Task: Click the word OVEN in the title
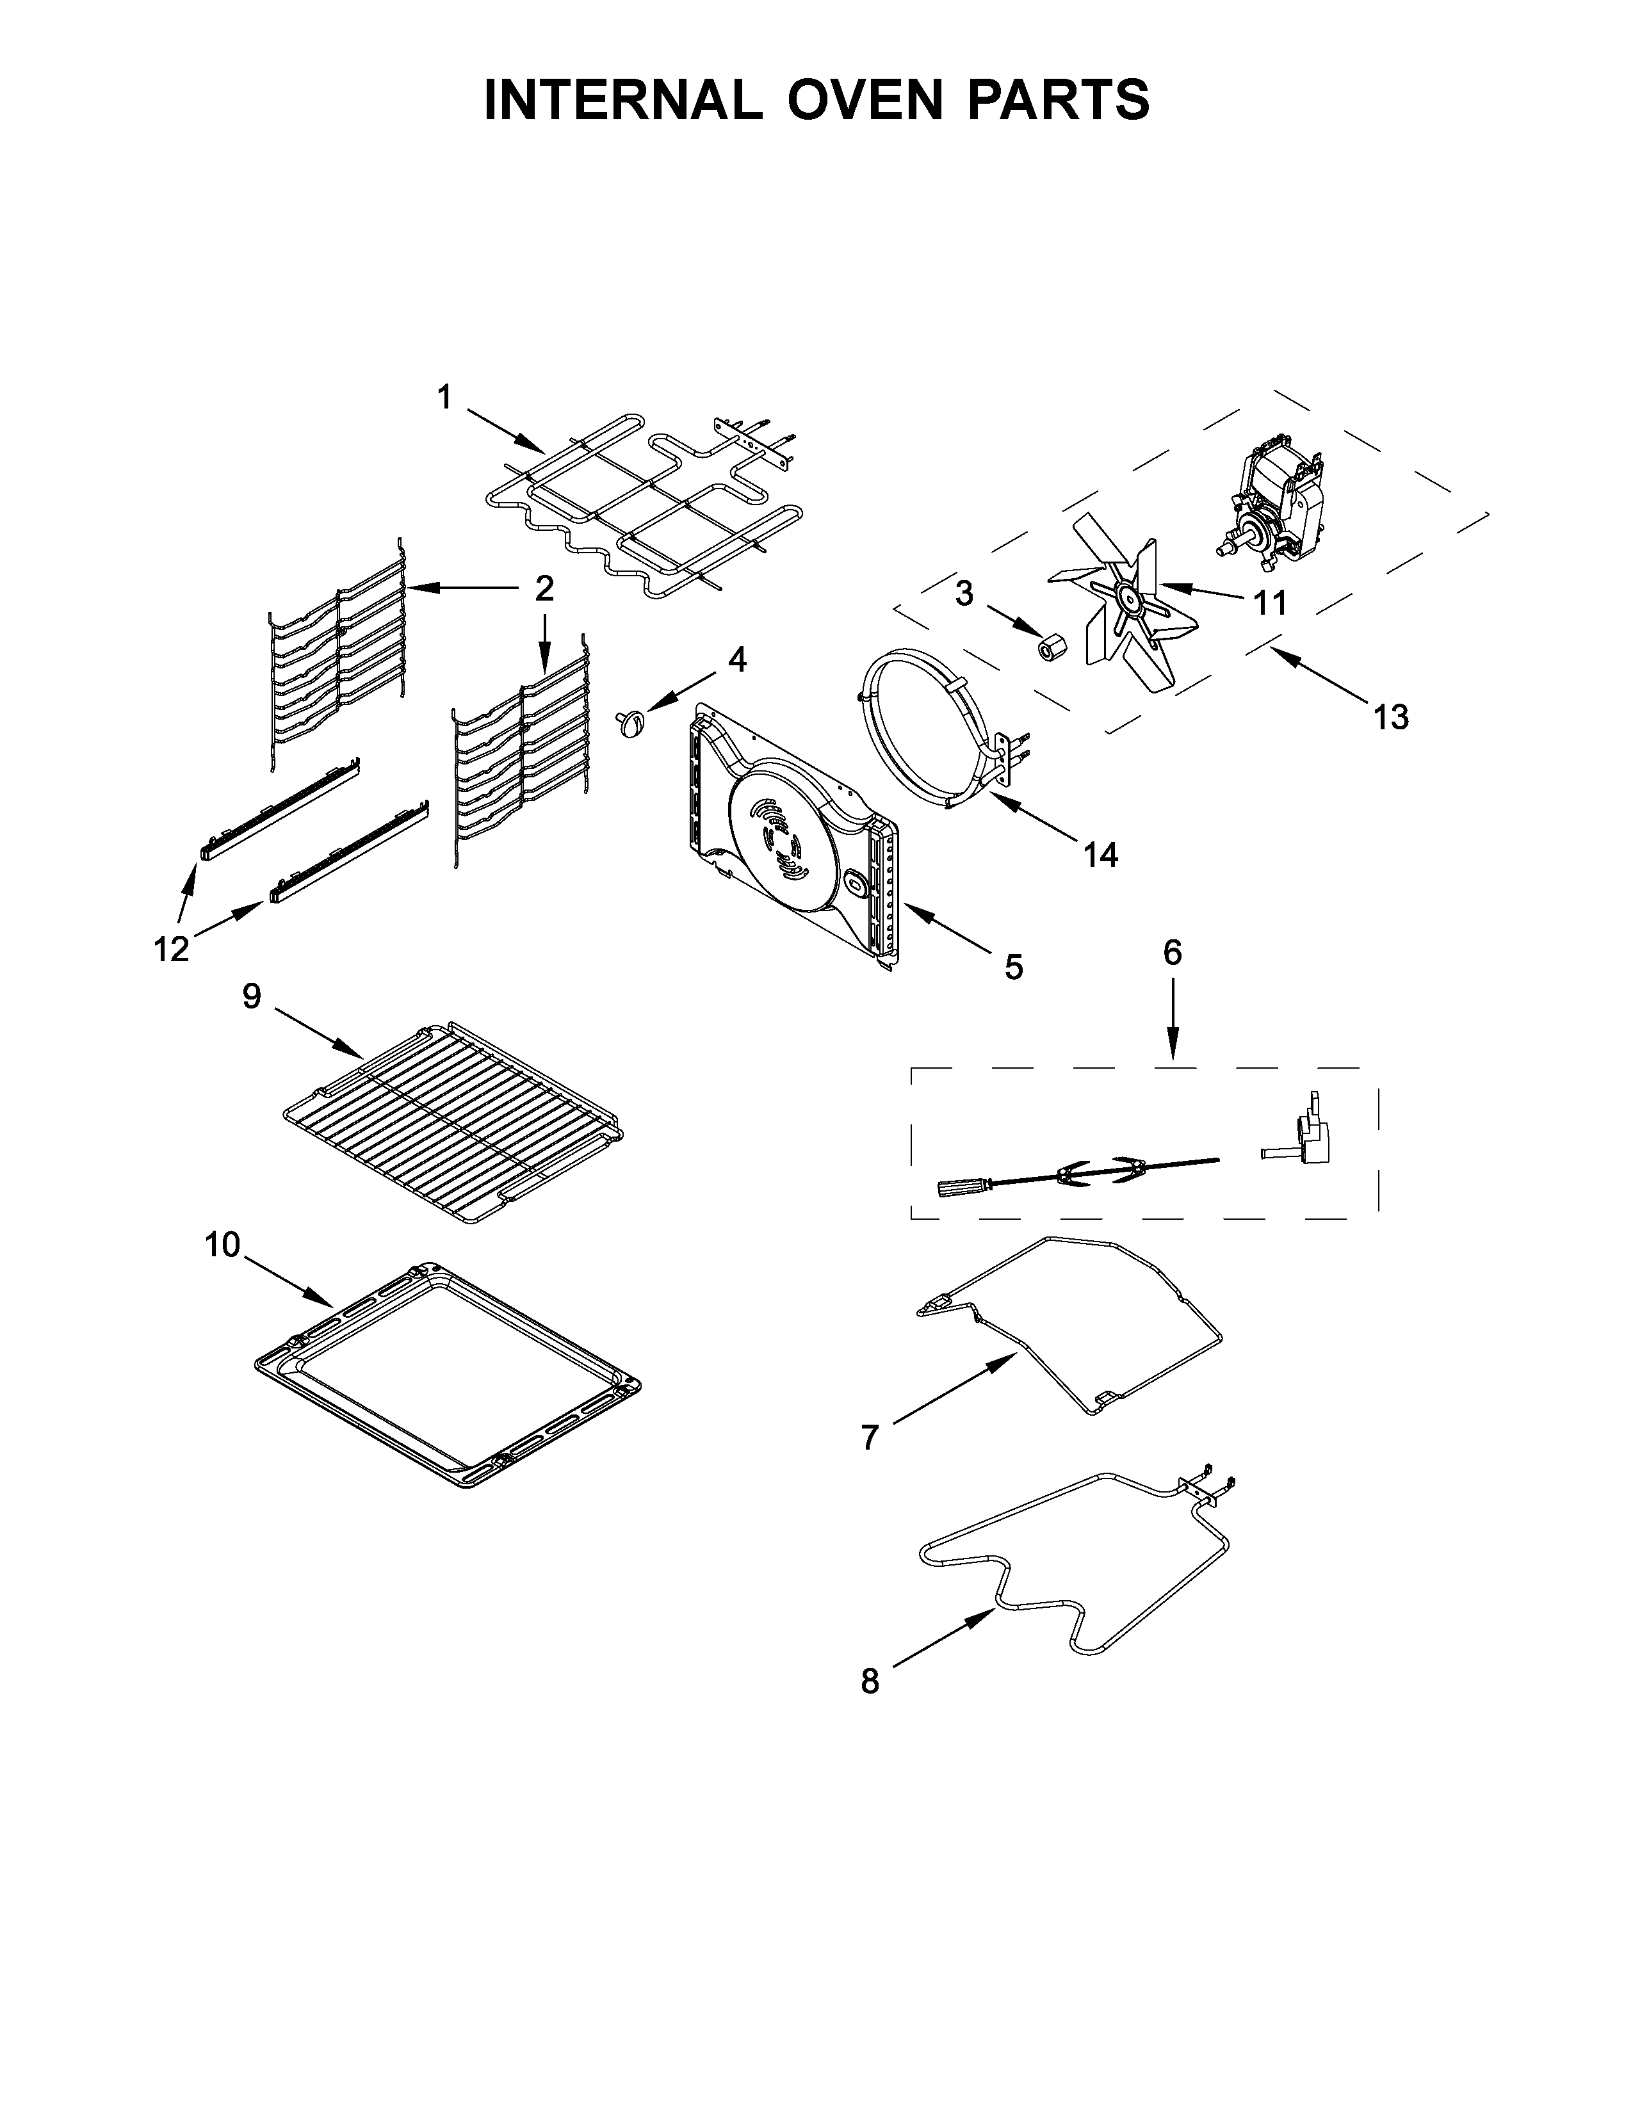[864, 100]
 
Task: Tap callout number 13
[1390, 717]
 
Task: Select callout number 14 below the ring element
[1100, 854]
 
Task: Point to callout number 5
[1013, 966]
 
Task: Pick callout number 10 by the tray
[222, 1244]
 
